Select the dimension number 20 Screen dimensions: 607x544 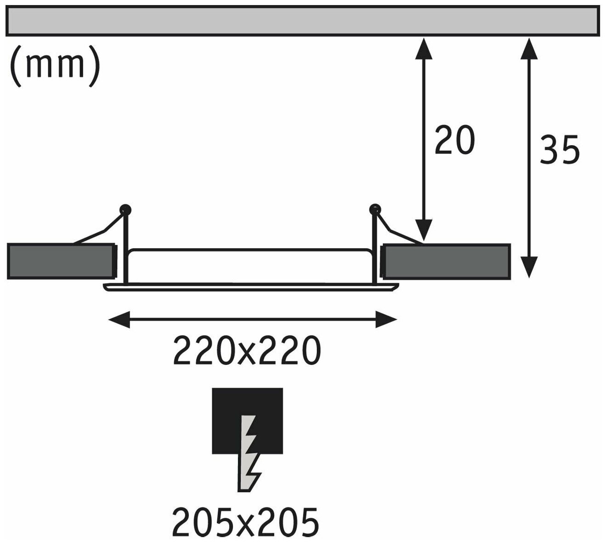pyautogui.click(x=454, y=140)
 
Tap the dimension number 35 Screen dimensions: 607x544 pyautogui.click(x=560, y=150)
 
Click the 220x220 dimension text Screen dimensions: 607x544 pyautogui.click(x=246, y=351)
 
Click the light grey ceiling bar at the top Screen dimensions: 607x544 pyautogui.click(x=303, y=21)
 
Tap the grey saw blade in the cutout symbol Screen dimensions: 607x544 pyautogui.click(x=249, y=453)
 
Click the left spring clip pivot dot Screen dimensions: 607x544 pyautogui.click(x=125, y=210)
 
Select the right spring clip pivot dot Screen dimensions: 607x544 pyautogui.click(x=375, y=210)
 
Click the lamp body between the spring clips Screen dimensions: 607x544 pyautogui.click(x=250, y=267)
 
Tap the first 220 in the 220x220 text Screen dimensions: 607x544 pyautogui.click(x=197, y=351)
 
